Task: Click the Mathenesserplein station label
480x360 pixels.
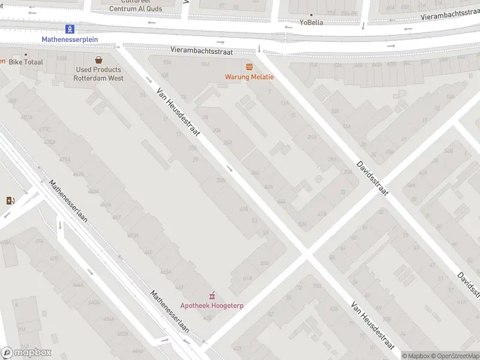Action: pyautogui.click(x=70, y=40)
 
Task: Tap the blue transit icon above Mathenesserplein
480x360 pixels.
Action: pyautogui.click(x=70, y=29)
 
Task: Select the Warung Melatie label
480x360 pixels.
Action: pyautogui.click(x=249, y=77)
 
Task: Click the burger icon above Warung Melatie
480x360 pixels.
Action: pyautogui.click(x=249, y=66)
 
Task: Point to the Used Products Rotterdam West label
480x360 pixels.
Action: pyautogui.click(x=98, y=74)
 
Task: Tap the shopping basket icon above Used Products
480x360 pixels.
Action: pyautogui.click(x=98, y=59)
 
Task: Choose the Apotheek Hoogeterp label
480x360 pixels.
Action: pyautogui.click(x=211, y=306)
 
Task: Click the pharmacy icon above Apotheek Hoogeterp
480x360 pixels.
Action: pyautogui.click(x=211, y=296)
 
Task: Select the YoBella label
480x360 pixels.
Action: pyautogui.click(x=311, y=23)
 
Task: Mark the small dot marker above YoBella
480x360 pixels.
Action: pyautogui.click(x=311, y=14)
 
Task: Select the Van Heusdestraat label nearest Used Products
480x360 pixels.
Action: pyautogui.click(x=178, y=115)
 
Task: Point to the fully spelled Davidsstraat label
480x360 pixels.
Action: pyautogui.click(x=372, y=178)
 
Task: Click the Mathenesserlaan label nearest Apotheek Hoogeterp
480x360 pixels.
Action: pyautogui.click(x=170, y=311)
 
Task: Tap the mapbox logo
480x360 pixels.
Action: pyautogui.click(x=26, y=353)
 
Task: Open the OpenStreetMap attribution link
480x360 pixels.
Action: pyautogui.click(x=455, y=356)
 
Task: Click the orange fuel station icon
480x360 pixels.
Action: pyautogui.click(x=10, y=200)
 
